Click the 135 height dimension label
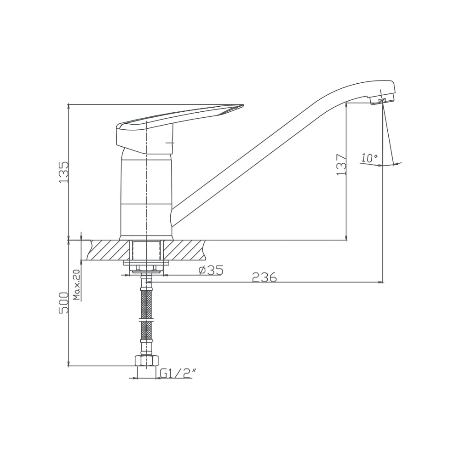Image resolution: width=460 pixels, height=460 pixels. [x=64, y=172]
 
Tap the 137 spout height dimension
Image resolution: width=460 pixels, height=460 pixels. [x=341, y=165]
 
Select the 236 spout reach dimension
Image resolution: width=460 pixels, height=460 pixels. [x=264, y=277]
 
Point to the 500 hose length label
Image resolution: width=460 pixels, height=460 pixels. [x=64, y=303]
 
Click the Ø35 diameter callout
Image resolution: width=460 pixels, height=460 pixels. [x=211, y=270]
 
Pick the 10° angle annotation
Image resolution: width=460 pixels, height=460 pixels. [x=369, y=158]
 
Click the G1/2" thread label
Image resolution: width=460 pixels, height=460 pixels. [x=178, y=373]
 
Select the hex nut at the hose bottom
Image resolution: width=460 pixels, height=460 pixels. [x=146, y=360]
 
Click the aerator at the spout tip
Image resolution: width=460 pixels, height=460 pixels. [x=383, y=100]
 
